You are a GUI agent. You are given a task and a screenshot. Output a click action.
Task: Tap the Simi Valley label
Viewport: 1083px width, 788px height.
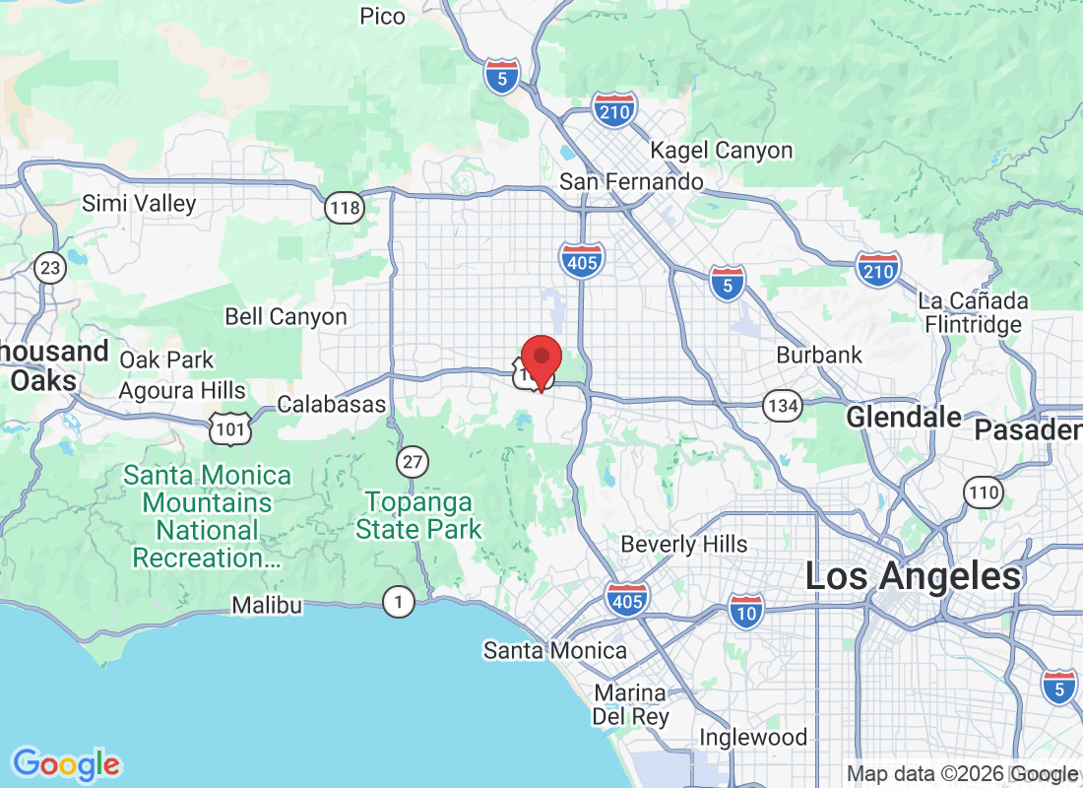139,204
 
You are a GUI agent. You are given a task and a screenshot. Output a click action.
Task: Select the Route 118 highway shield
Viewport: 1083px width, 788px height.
345,208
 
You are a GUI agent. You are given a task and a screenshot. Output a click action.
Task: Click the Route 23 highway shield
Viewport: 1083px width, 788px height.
49,267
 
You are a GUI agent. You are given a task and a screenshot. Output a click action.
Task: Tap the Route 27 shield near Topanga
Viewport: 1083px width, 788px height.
413,460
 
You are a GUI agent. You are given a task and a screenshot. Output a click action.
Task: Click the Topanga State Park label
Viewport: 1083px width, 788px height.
419,515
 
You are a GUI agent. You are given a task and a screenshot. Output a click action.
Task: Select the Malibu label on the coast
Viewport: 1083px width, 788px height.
267,605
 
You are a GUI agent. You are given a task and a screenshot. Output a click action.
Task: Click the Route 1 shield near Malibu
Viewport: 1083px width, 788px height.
398,602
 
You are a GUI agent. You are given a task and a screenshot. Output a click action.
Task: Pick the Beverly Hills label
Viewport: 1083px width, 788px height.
684,544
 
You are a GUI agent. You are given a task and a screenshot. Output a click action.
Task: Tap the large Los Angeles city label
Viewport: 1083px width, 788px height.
914,576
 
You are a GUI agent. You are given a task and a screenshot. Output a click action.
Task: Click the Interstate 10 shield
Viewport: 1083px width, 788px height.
747,612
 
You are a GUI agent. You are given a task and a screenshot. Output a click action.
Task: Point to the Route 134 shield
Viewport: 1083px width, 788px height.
784,404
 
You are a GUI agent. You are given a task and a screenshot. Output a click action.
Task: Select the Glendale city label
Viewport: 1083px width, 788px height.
905,417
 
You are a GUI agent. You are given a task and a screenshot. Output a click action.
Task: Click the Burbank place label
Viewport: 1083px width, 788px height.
819,355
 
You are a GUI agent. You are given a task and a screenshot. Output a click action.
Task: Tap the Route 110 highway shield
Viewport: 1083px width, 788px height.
984,492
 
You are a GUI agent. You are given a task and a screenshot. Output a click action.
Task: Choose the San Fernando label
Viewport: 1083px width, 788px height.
631,182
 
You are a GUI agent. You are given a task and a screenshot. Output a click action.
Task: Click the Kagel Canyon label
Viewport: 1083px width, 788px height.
722,151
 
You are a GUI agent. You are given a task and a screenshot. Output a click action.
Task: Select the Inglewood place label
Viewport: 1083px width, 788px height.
753,737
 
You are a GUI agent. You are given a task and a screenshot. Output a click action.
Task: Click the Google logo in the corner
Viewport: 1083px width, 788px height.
67,763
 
